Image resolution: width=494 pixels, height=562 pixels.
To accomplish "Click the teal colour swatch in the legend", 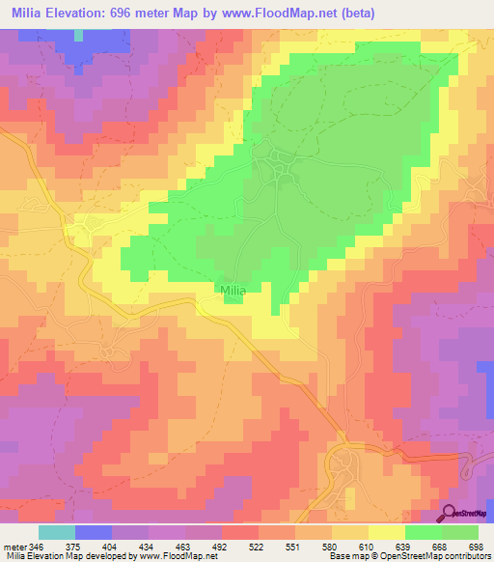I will coord(57,532).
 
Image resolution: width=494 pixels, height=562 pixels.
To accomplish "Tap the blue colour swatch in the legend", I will coord(94,532).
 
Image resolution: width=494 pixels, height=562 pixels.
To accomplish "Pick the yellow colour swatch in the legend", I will coord(387,532).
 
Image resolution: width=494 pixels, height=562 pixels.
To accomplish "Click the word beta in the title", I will coord(355,14).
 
